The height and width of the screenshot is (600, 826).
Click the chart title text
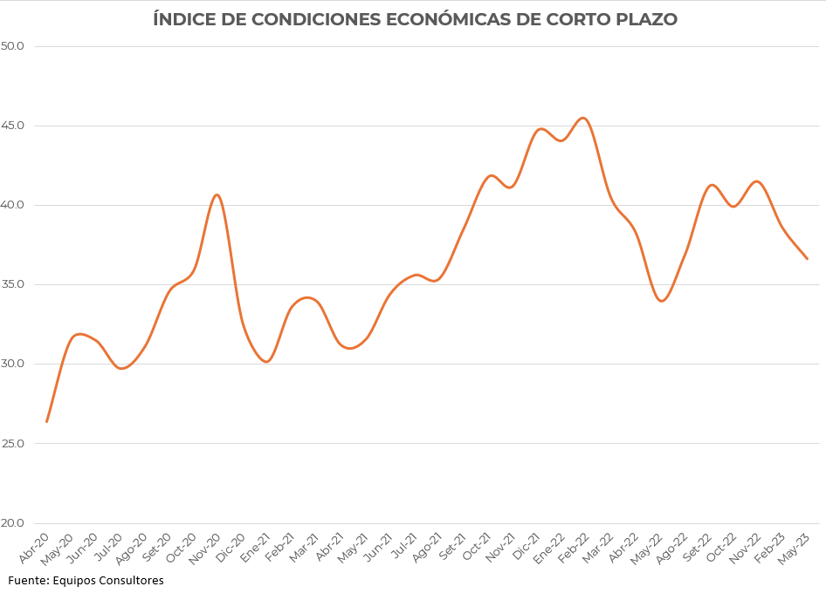click(x=415, y=19)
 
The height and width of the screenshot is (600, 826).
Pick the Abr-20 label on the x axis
click(x=34, y=547)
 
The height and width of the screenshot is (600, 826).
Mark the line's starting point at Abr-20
click(x=47, y=421)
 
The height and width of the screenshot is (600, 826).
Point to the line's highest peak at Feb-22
click(x=583, y=118)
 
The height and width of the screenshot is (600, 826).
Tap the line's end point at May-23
click(x=808, y=259)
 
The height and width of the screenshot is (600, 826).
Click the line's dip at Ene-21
click(x=266, y=362)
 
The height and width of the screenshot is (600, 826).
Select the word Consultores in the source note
click(x=132, y=580)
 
